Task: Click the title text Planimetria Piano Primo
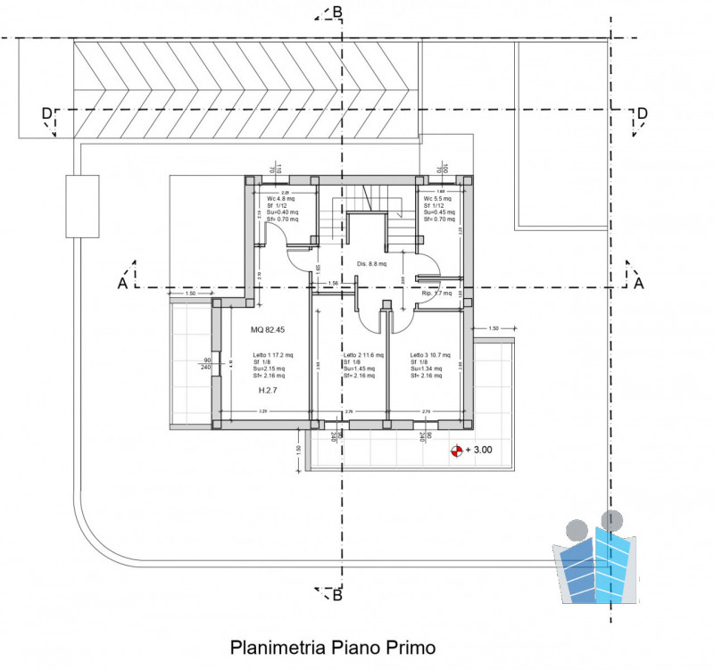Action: [x=333, y=646]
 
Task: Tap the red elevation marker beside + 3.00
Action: [x=458, y=451]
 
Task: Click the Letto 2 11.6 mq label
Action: [x=363, y=355]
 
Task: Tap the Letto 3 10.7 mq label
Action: [x=430, y=355]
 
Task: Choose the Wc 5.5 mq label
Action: [x=438, y=198]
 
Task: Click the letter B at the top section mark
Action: [x=337, y=12]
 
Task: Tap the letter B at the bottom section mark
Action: [x=337, y=595]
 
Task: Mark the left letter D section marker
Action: [x=46, y=113]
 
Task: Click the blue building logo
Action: [x=596, y=562]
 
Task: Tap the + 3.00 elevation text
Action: [x=480, y=451]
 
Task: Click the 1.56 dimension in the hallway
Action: [x=333, y=284]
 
